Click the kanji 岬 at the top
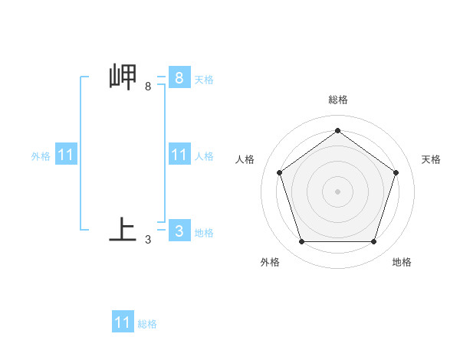[x=123, y=77]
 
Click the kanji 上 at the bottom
[x=123, y=230]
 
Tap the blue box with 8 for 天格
[x=179, y=77]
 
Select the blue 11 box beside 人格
[x=179, y=155]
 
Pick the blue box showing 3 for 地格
[x=179, y=230]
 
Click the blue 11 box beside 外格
[x=66, y=155]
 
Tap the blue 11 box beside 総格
[x=123, y=322]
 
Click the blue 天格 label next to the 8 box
[x=204, y=79]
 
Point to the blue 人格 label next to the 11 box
[x=204, y=155]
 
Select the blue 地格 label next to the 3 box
[x=204, y=232]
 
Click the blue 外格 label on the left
[x=41, y=155]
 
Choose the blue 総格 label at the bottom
[x=147, y=323]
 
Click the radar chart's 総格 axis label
[x=338, y=100]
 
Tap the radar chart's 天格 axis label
[x=431, y=159]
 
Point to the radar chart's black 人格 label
[x=245, y=159]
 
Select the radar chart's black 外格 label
[x=270, y=262]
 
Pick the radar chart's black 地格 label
[x=402, y=262]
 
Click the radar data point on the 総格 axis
[x=338, y=131]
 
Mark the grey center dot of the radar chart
[x=338, y=191]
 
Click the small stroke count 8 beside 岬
[x=148, y=87]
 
